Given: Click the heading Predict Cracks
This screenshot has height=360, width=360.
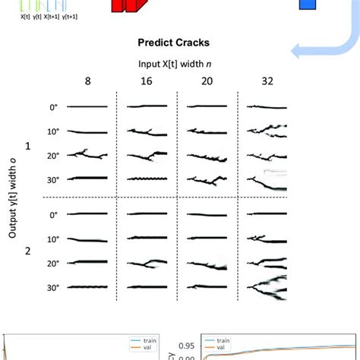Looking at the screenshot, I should [x=180, y=45].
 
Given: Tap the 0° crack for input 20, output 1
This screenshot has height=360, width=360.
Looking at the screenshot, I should [x=205, y=108].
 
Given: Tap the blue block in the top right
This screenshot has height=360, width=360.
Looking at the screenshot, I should [x=306, y=5].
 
